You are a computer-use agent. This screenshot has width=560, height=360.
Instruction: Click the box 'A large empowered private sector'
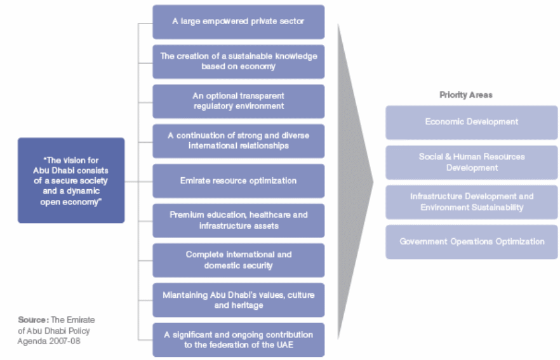pyautogui.click(x=239, y=22)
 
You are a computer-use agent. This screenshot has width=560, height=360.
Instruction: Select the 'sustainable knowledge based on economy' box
pyautogui.click(x=239, y=61)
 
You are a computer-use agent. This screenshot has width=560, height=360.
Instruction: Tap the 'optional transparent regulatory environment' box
pyautogui.click(x=239, y=101)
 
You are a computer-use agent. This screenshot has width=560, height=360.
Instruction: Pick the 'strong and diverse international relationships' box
pyautogui.click(x=239, y=141)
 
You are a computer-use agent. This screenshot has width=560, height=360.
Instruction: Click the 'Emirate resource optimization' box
pyautogui.click(x=239, y=181)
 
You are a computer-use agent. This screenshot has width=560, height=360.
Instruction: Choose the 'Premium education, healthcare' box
pyautogui.click(x=239, y=220)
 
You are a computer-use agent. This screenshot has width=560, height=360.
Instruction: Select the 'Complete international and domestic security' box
pyautogui.click(x=239, y=260)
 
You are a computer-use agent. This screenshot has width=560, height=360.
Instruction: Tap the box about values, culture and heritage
pyautogui.click(x=239, y=300)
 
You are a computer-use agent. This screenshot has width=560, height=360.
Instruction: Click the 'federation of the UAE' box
pyautogui.click(x=239, y=340)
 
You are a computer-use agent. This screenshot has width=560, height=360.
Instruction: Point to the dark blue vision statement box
pyautogui.click(x=71, y=180)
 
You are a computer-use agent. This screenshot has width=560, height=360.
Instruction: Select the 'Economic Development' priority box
pyautogui.click(x=471, y=122)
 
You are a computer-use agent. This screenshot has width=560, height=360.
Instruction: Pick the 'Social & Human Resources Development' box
pyautogui.click(x=471, y=162)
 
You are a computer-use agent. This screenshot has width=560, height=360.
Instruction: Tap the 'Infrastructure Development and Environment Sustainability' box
pyautogui.click(x=471, y=202)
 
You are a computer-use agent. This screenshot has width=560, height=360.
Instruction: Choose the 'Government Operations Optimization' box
pyautogui.click(x=471, y=241)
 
